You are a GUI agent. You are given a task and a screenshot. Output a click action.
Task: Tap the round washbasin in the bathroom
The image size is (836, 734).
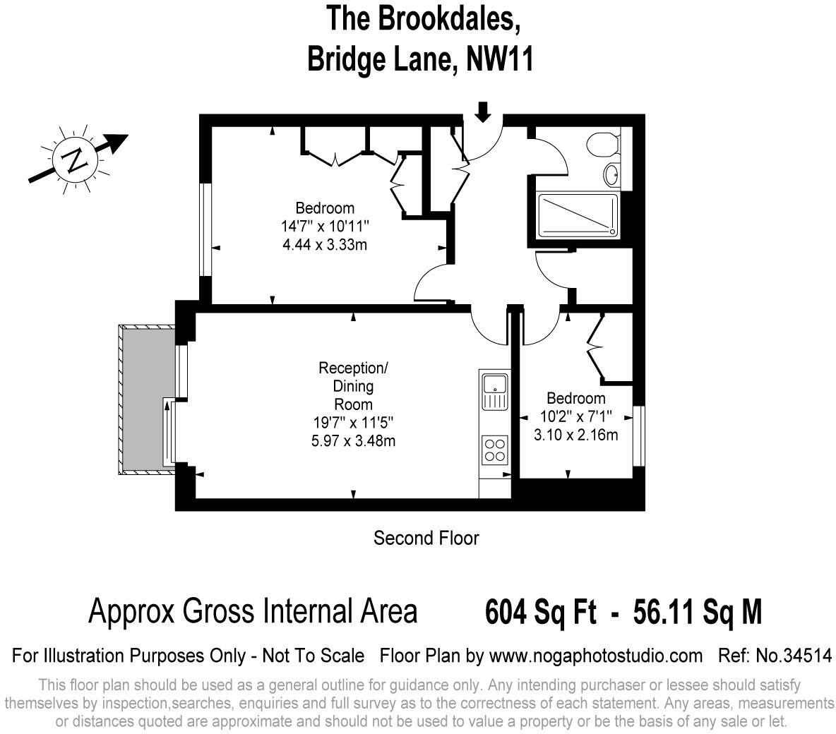[611, 173]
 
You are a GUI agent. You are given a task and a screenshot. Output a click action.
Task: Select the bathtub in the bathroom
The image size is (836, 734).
[578, 215]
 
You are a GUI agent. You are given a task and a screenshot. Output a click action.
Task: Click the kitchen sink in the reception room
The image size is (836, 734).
[494, 389]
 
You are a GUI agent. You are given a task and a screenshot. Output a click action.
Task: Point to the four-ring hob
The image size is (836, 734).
[494, 450]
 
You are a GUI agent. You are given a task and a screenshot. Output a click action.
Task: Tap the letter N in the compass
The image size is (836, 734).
[74, 161]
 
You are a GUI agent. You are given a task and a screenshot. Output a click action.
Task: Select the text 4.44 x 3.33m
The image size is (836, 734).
[325, 245]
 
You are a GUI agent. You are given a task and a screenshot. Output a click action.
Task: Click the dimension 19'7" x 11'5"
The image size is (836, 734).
[353, 423]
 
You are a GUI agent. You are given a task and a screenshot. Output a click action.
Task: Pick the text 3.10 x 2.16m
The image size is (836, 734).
[575, 435]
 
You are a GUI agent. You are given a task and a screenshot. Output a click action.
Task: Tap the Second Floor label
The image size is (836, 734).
[426, 539]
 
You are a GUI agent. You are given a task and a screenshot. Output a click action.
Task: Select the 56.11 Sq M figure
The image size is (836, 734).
[698, 611]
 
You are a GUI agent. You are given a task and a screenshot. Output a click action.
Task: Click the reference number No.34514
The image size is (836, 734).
[794, 656]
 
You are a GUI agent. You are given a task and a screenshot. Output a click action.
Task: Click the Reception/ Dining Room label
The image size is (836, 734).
[353, 386]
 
